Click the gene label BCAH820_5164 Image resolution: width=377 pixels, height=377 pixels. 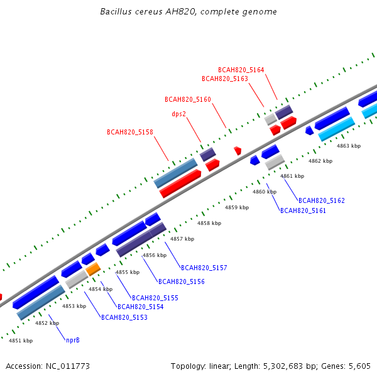pyautogui.click(x=241, y=70)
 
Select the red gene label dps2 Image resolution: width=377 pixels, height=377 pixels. pyautogui.click(x=179, y=114)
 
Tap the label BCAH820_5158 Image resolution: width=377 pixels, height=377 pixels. pyautogui.click(x=130, y=132)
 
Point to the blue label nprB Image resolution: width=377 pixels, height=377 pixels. pyautogui.click(x=73, y=340)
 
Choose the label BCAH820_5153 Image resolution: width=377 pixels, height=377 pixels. pyautogui.click(x=124, y=317)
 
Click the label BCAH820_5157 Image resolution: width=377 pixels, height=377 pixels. pyautogui.click(x=204, y=268)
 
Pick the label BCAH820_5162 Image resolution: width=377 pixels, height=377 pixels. pyautogui.click(x=322, y=200)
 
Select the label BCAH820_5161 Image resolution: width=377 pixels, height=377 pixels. pyautogui.click(x=303, y=210)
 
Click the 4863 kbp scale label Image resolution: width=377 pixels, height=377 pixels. pyautogui.click(x=349, y=146)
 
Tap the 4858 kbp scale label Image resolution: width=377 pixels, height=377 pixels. pyautogui.click(x=209, y=223)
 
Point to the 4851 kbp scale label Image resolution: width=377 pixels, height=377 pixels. pyautogui.click(x=21, y=341)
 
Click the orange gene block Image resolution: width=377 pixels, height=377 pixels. pyautogui.click(x=93, y=269)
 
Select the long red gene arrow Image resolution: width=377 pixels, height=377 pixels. pyautogui.click(x=180, y=183)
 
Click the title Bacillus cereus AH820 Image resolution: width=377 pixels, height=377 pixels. pyautogui.click(x=148, y=11)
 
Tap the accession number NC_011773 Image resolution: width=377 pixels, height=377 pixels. pyautogui.click(x=68, y=366)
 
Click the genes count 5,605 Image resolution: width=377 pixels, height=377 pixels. pyautogui.click(x=359, y=366)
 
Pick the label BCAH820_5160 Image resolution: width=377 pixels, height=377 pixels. pyautogui.click(x=188, y=99)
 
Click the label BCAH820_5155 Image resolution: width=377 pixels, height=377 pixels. pyautogui.click(x=155, y=298)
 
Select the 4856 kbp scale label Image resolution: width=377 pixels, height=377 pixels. pyautogui.click(x=155, y=255)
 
